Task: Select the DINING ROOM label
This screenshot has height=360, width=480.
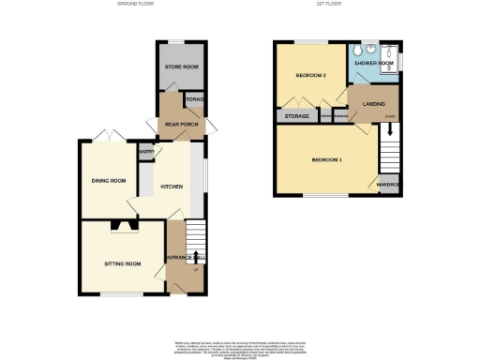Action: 109,180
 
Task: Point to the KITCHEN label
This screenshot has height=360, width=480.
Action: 171,187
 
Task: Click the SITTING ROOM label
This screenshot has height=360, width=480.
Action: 123,264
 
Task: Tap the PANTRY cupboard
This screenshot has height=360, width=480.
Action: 146,152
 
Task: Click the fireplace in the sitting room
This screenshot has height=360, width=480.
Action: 122,225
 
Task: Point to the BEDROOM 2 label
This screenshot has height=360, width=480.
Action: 310,75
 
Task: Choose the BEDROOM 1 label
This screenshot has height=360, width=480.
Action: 326,160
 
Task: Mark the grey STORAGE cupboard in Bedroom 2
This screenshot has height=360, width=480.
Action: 295,117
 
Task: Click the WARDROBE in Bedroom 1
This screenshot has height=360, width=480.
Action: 389,185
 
